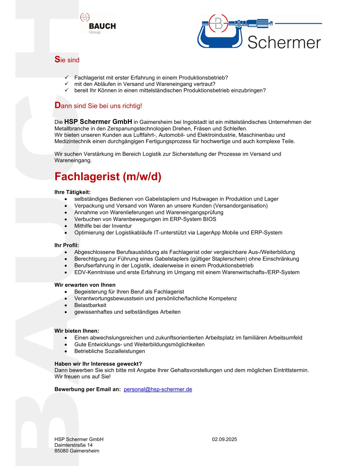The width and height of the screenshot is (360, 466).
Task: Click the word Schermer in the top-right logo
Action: pyautogui.click(x=284, y=43)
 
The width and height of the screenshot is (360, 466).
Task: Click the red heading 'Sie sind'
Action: pyautogui.click(x=67, y=60)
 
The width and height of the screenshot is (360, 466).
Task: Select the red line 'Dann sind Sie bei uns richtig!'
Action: pyautogui.click(x=98, y=106)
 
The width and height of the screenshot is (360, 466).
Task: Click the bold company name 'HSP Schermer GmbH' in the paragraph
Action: pyautogui.click(x=98, y=122)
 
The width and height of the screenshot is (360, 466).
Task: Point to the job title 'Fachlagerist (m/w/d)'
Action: pyautogui.click(x=108, y=177)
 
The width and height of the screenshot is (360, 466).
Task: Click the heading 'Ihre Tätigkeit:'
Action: pyautogui.click(x=72, y=192)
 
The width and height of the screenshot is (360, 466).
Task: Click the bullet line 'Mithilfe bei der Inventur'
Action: pyautogui.click(x=103, y=226)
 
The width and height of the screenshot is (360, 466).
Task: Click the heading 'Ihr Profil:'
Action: pyautogui.click(x=66, y=245)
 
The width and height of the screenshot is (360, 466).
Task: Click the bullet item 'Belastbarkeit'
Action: pyautogui.click(x=90, y=305)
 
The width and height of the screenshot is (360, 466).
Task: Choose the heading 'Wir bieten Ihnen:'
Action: pyautogui.click(x=77, y=331)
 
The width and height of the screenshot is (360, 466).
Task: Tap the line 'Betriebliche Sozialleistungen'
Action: pyautogui.click(x=109, y=351)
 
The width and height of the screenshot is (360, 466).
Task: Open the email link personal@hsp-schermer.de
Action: pyautogui.click(x=158, y=389)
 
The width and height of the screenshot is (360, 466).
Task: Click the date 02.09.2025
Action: pyautogui.click(x=224, y=439)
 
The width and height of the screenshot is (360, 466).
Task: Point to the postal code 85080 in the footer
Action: pyautogui.click(x=61, y=451)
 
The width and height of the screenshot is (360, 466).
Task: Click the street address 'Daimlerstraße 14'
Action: pyautogui.click(x=74, y=445)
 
